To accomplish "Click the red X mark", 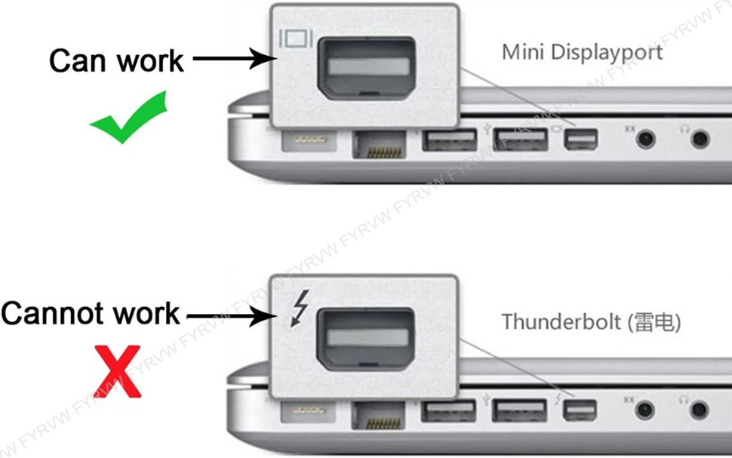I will pos(118,370).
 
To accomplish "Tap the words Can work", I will pos(116,60).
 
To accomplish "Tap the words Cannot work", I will pos(91,312).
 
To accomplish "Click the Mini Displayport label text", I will pos(582,52).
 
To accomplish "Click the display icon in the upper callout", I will pos(292,39).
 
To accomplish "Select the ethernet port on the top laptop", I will pos(379,143).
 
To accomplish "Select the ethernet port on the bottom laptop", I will pos(379,413).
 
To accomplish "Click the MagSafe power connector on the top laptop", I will pos(306,140).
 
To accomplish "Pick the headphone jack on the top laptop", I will pos(701,138).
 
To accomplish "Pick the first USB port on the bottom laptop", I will pos(449,412).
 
